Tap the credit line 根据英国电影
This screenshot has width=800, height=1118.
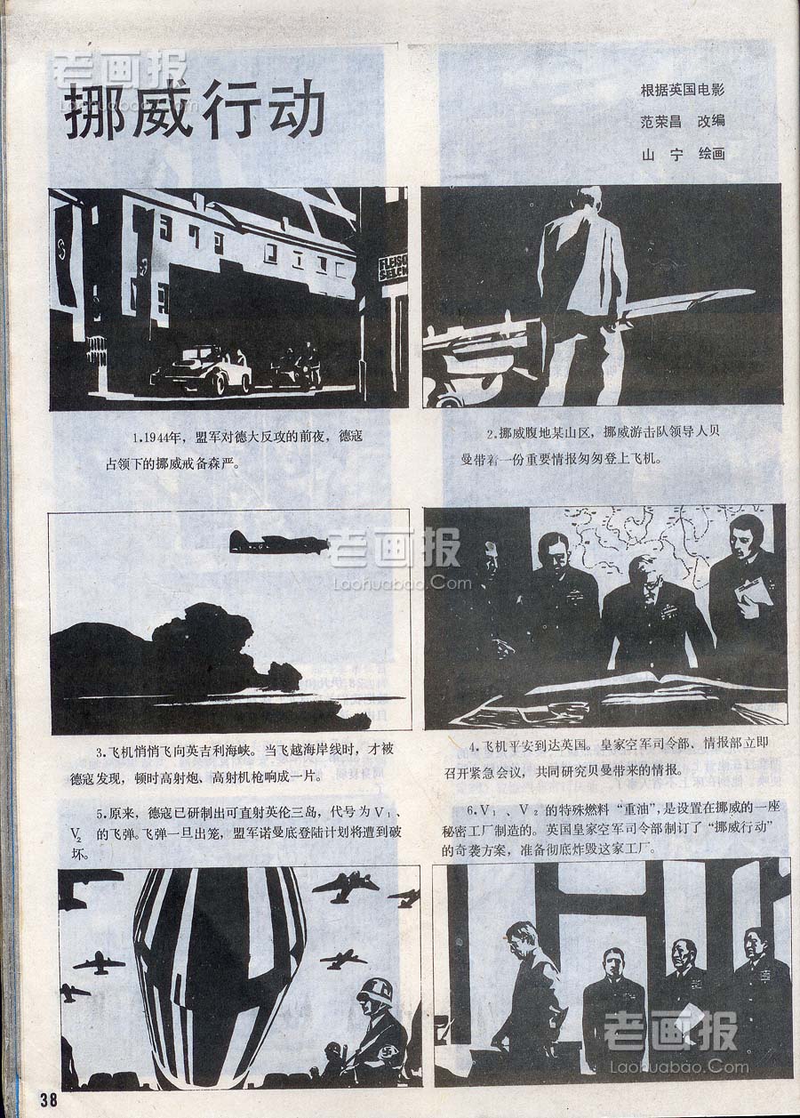click(x=683, y=91)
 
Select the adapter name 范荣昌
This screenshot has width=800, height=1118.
click(x=660, y=121)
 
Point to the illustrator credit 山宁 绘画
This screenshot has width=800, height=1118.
click(x=683, y=154)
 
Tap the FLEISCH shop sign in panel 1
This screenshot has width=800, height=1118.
click(x=393, y=268)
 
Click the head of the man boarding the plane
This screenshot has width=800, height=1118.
click(x=594, y=201)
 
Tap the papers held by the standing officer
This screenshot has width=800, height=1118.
click(x=754, y=591)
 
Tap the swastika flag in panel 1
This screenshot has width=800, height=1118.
click(x=65, y=260)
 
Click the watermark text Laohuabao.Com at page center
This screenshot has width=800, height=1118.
click(x=402, y=582)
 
